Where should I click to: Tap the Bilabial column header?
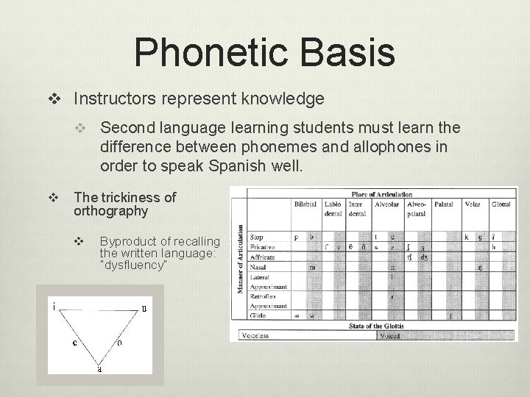point(306,203)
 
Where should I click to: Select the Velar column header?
point(471,203)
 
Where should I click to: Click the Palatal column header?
point(443,203)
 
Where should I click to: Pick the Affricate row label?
point(262,257)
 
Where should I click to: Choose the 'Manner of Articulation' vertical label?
point(240,258)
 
